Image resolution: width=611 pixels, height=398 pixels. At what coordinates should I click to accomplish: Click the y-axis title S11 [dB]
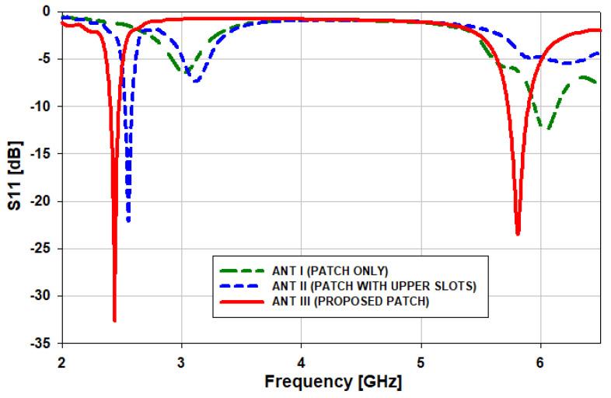[14, 176]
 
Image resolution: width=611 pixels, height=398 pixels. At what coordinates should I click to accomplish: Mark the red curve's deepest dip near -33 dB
[114, 319]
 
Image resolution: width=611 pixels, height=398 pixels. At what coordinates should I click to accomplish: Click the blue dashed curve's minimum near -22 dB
[128, 221]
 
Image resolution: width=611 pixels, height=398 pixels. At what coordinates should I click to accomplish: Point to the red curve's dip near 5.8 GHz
[518, 233]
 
